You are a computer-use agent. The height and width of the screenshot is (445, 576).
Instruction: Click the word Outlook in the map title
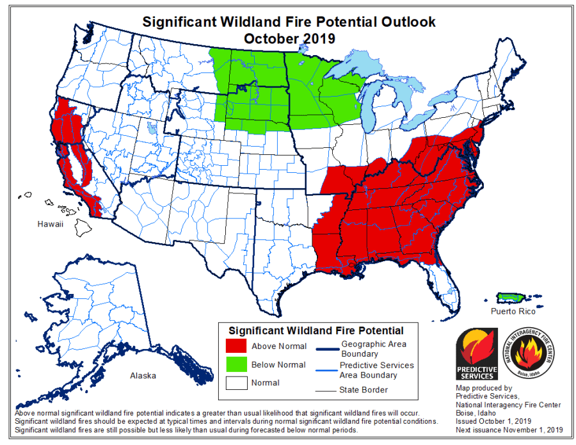tap(403, 22)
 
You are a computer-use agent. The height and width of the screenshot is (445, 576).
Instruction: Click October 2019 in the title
tap(289, 38)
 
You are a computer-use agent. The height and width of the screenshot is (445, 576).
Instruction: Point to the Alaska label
tap(143, 376)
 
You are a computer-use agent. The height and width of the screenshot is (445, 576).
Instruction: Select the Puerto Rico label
tap(513, 311)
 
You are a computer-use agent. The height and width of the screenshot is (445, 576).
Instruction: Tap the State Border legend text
tap(364, 389)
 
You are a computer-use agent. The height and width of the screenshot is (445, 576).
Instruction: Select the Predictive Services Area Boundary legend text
tap(376, 370)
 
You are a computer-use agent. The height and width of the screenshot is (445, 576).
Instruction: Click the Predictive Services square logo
tap(476, 355)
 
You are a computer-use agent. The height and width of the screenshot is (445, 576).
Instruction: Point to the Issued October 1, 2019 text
tap(490, 421)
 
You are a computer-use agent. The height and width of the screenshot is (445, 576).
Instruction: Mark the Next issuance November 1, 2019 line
tap(509, 430)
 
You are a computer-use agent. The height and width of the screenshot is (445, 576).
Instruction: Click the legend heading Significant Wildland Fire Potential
tap(316, 331)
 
